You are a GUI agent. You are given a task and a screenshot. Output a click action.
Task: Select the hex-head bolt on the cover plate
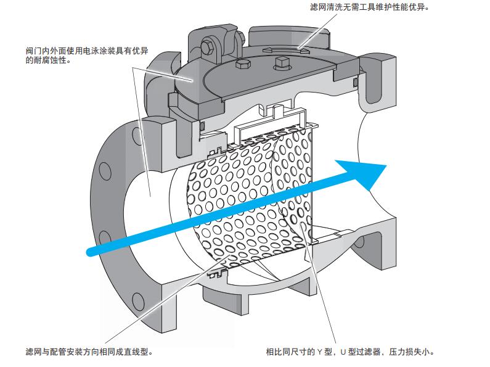242,65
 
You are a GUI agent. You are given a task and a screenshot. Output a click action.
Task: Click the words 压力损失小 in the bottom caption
415,352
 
